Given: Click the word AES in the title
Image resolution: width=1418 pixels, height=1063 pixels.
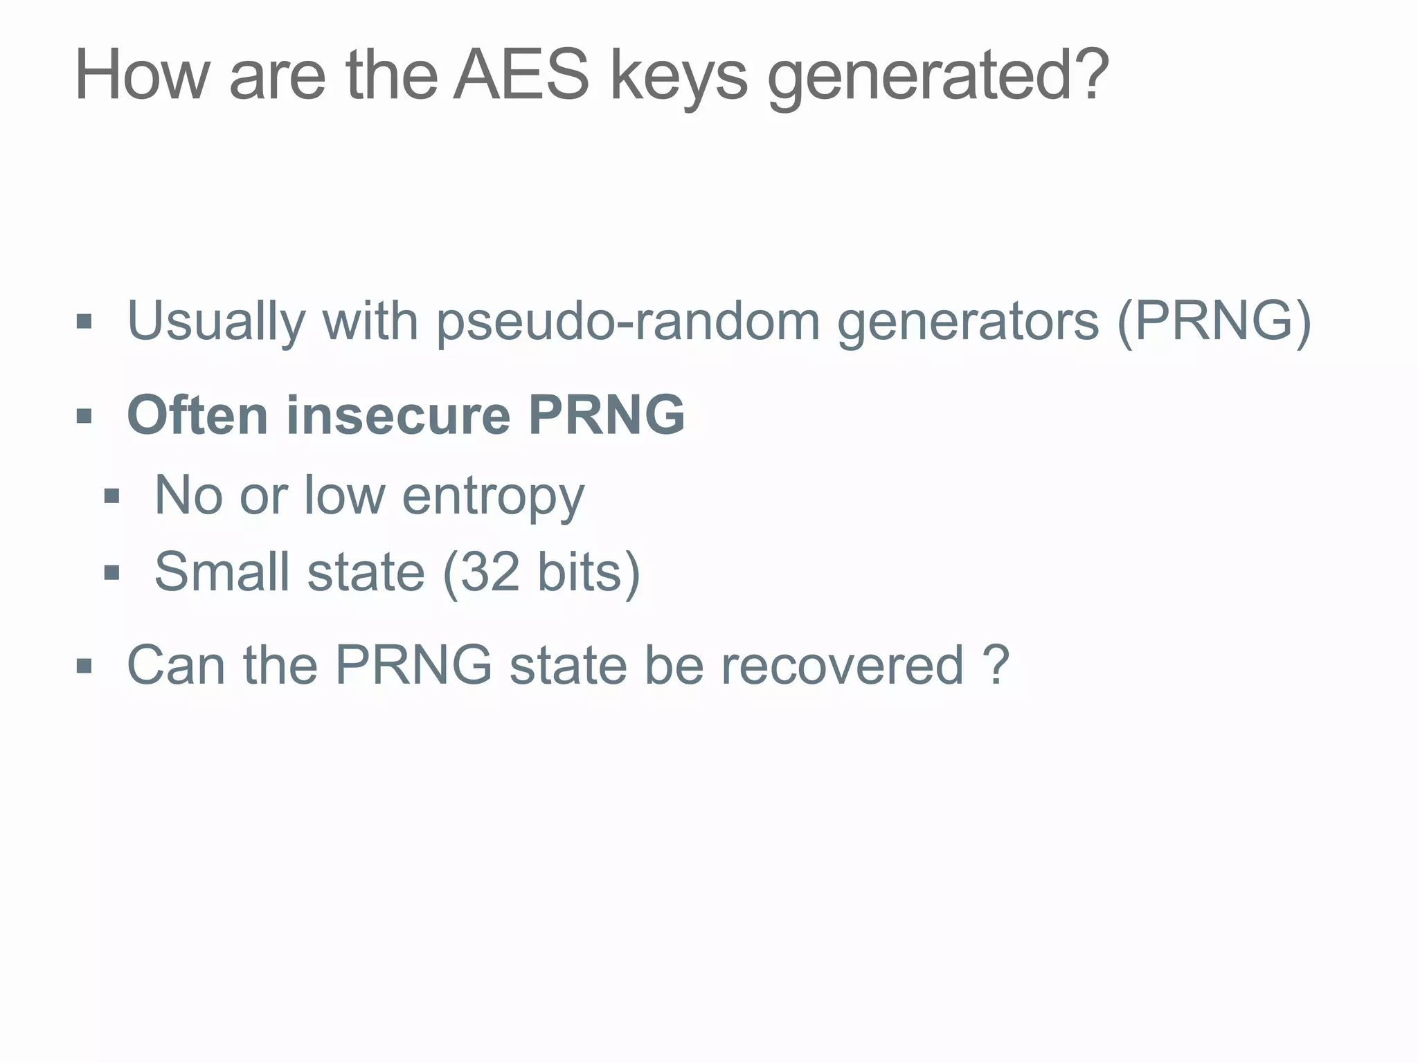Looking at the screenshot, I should click(521, 76).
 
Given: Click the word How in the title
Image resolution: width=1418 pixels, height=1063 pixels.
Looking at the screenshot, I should click(142, 76).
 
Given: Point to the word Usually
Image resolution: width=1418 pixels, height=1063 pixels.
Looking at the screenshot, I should click(215, 322).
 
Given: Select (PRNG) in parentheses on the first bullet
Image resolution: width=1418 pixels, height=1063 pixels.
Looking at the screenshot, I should click(1213, 321).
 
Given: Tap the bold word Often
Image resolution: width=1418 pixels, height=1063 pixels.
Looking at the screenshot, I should click(197, 415).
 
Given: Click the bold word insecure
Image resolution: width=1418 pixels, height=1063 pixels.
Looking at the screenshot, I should click(398, 415).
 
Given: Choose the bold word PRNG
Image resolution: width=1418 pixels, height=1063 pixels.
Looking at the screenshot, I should click(606, 415).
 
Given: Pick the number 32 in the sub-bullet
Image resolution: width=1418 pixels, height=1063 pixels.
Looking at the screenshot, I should click(490, 572).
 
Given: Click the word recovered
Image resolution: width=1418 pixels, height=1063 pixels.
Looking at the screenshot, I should click(842, 666).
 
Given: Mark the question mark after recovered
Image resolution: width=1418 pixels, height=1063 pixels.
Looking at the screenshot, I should click(996, 666).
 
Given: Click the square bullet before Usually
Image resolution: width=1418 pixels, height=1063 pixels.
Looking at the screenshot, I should click(84, 322).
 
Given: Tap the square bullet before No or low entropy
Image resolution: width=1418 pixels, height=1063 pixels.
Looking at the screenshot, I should click(111, 496).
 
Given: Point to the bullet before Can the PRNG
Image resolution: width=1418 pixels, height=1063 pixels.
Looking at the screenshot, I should click(84, 666).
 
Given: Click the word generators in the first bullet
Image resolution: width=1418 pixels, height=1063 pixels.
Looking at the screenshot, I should click(968, 322).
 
